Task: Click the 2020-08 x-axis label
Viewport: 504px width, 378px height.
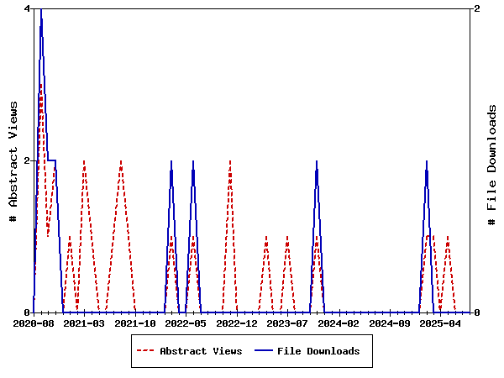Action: coord(34,323)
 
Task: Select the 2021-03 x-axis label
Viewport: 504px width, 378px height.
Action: coord(84,323)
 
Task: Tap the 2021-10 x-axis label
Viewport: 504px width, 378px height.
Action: coord(135,323)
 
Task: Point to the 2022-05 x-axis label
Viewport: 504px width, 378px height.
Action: coord(186,323)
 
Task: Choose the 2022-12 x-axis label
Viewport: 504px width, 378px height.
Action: coord(237,323)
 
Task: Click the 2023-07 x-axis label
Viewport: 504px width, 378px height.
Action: coord(288,323)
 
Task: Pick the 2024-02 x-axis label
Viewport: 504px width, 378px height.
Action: coord(339,323)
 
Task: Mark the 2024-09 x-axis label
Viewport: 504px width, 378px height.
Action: coord(390,323)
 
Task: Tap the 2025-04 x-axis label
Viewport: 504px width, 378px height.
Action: coord(441,323)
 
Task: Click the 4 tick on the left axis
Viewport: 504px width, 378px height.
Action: coord(28,8)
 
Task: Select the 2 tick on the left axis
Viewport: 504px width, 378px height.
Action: coord(28,160)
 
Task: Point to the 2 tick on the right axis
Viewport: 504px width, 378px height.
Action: coord(477,8)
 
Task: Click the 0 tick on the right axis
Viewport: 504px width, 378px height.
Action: coord(477,312)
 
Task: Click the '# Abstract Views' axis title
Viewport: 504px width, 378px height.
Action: coord(13,160)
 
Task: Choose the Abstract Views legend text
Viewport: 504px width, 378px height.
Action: coord(201,351)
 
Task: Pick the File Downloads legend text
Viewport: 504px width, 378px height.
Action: coord(318,351)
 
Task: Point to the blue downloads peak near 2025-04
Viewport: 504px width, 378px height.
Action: coord(427,161)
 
